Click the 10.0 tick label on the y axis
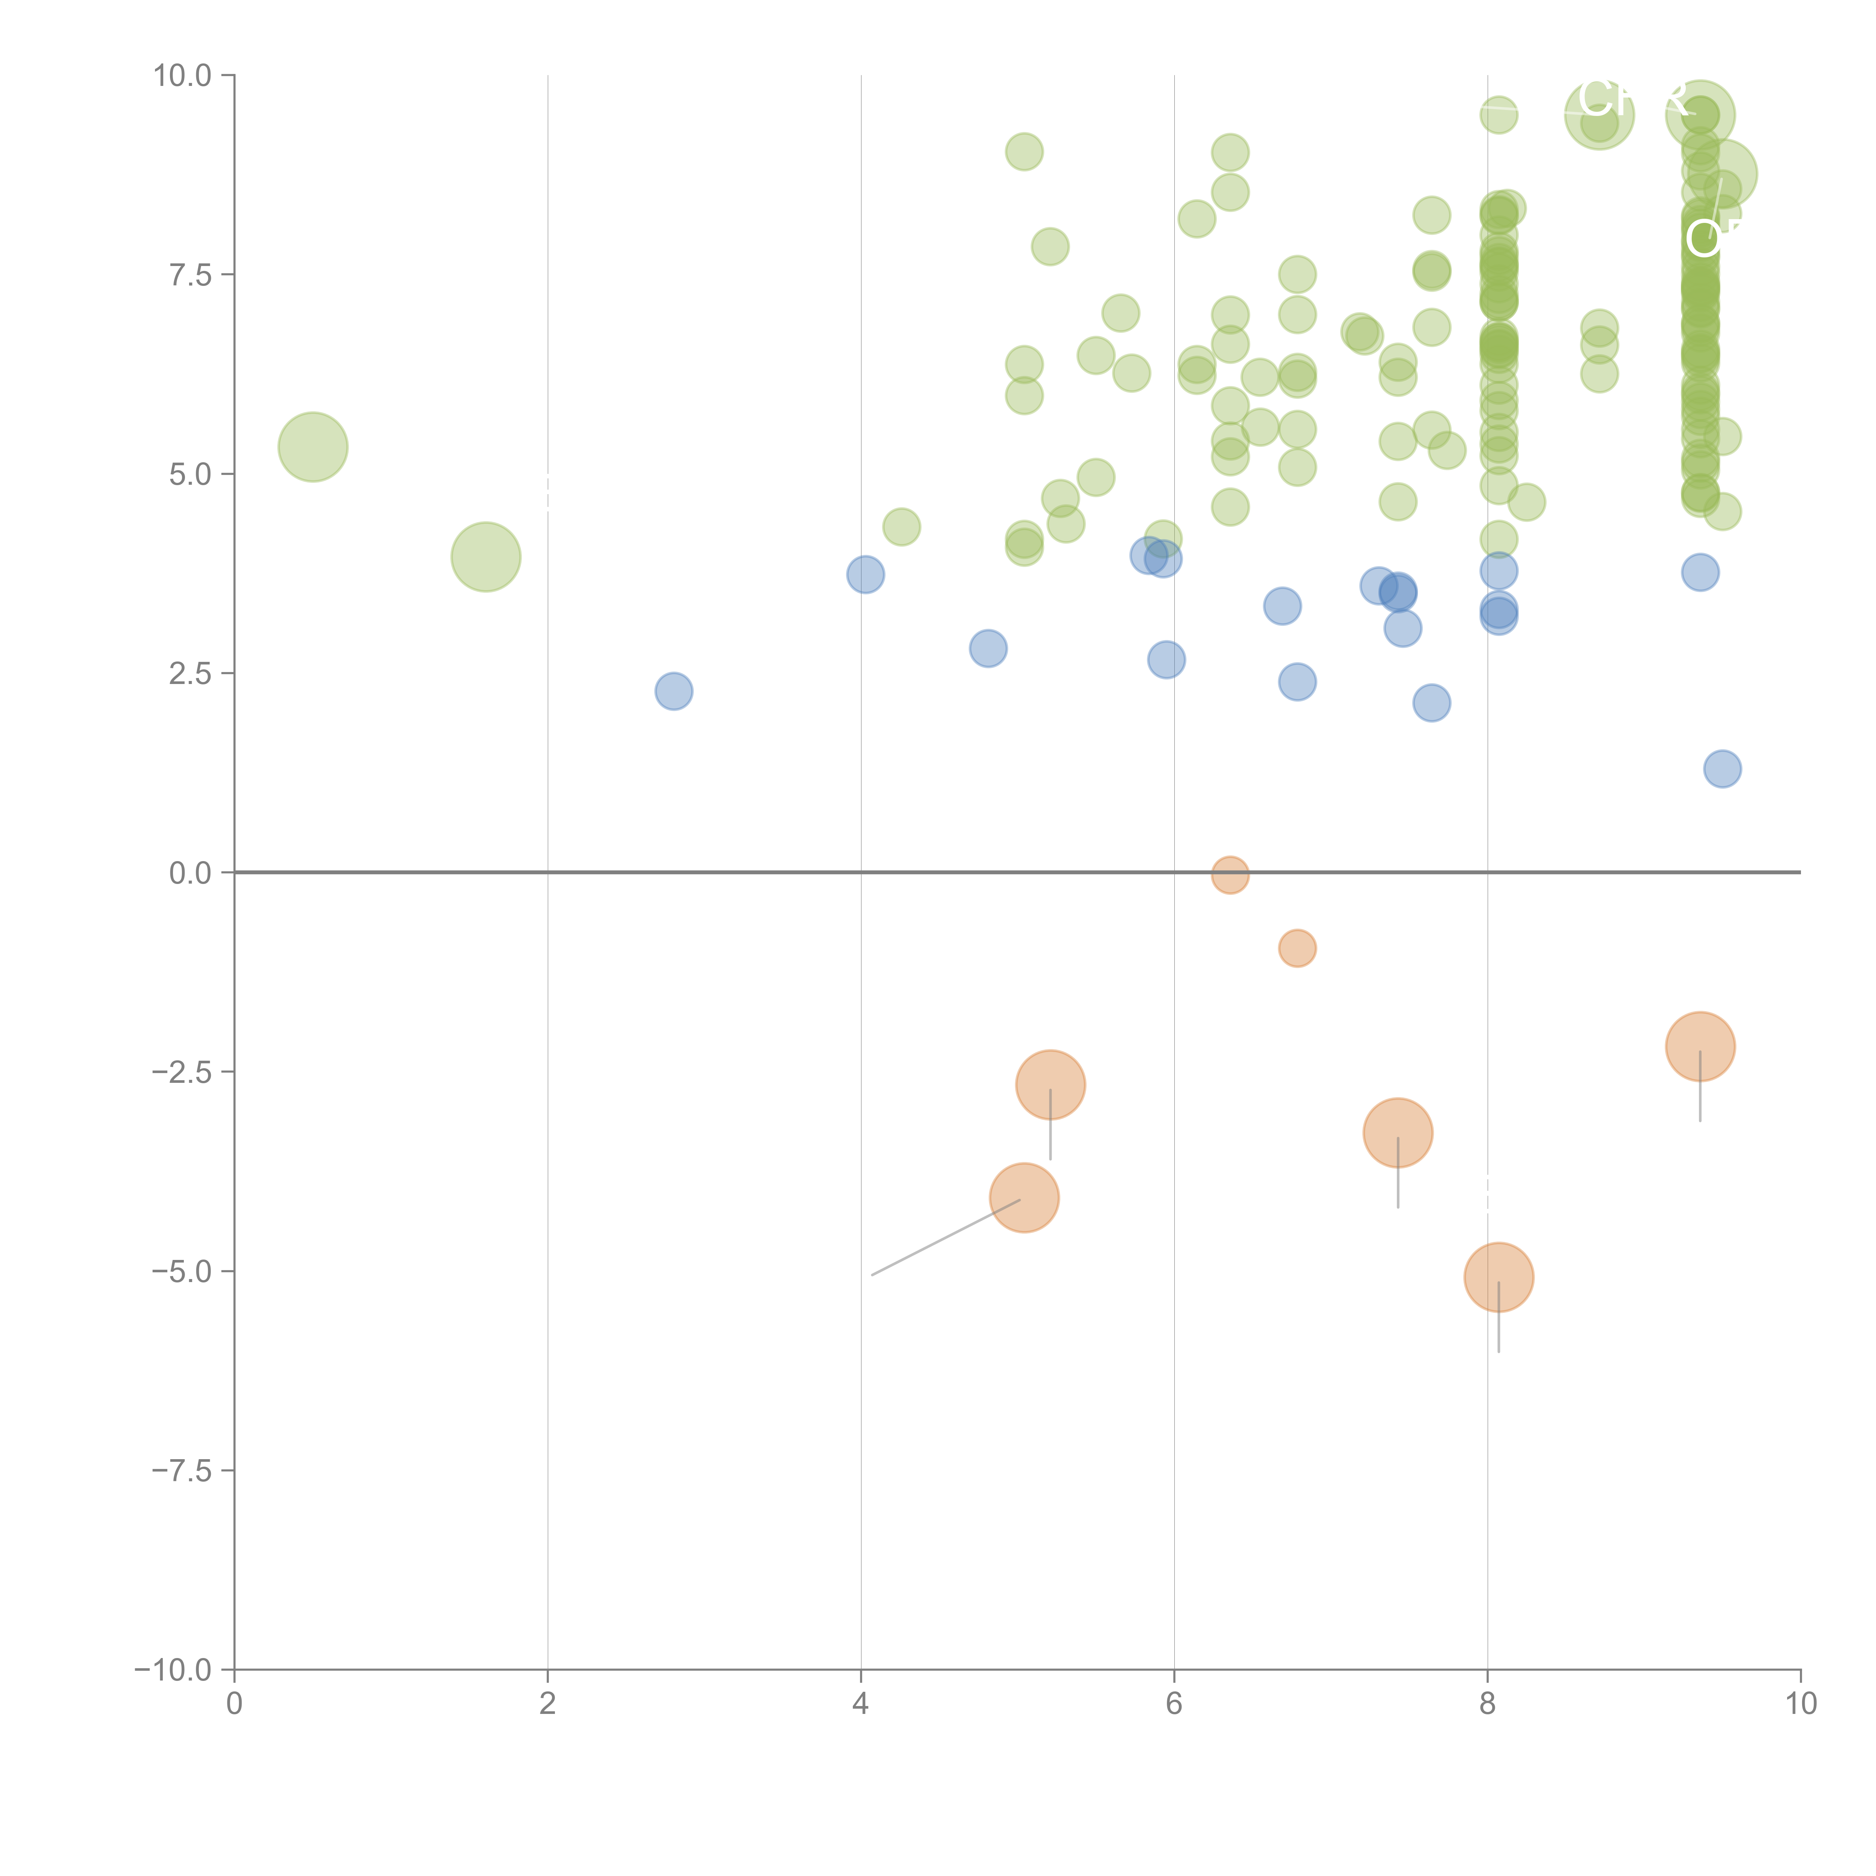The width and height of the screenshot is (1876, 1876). click(183, 76)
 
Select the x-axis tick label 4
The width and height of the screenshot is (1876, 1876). click(860, 1704)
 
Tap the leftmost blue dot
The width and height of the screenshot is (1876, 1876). click(673, 691)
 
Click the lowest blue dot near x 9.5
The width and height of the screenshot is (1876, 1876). click(1722, 769)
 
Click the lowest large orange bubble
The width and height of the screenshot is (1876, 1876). click(1498, 1278)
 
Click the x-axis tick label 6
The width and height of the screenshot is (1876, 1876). click(1174, 1704)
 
